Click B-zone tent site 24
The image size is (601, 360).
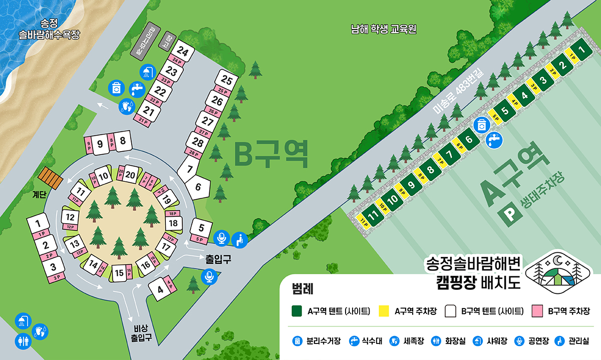click(x=182, y=52)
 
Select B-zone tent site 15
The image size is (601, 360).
click(x=118, y=273)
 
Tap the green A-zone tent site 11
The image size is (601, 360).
click(x=372, y=216)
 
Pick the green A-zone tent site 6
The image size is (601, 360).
click(x=469, y=140)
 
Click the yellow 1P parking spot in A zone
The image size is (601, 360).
click(x=571, y=55)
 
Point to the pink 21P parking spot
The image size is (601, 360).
click(x=144, y=121)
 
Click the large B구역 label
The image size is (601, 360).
click(x=271, y=155)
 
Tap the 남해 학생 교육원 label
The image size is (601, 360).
click(x=384, y=30)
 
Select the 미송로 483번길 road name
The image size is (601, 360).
click(x=461, y=92)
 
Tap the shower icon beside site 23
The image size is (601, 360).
click(x=146, y=72)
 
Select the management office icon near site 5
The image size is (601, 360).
click(x=240, y=239)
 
